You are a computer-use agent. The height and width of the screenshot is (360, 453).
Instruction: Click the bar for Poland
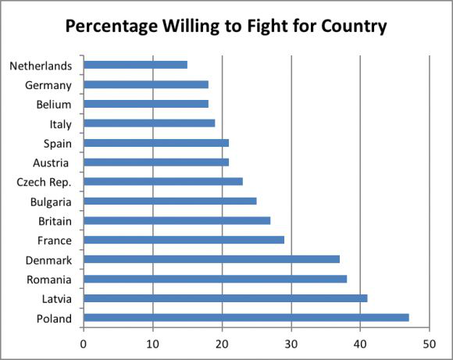coord(247,318)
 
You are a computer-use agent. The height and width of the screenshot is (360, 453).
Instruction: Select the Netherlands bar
coord(135,65)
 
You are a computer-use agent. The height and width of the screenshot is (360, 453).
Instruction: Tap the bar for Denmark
coord(212,259)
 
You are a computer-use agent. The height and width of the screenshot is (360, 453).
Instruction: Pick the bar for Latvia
coord(226,298)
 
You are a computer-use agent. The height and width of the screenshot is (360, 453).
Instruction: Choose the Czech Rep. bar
coord(163,181)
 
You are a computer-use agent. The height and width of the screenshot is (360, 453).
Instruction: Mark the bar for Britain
coord(177,220)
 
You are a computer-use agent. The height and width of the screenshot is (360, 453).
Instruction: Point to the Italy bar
coord(149,123)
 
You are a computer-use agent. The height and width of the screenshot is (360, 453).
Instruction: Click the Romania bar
coord(216,279)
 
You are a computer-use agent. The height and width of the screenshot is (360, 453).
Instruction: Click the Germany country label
coord(48,86)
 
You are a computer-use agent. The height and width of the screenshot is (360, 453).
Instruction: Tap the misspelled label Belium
coord(54,105)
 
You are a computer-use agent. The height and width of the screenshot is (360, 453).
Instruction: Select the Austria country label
coord(51,163)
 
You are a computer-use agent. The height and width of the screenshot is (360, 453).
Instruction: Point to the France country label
coord(55,241)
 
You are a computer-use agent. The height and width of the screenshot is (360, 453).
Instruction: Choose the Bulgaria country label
coord(51,202)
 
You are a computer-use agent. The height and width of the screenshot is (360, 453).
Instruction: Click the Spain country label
coord(58,144)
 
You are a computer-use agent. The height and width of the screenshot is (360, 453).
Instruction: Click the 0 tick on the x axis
coord(84,344)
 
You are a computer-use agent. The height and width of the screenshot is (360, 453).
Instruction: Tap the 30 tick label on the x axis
coord(291,344)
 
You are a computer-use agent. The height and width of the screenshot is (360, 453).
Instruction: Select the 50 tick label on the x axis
coord(430,344)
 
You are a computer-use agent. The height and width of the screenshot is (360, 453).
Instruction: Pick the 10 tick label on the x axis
coord(152,344)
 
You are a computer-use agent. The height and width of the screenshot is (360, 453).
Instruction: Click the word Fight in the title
coord(267,27)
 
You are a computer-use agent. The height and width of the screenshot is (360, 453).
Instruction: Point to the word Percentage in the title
coord(112,27)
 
